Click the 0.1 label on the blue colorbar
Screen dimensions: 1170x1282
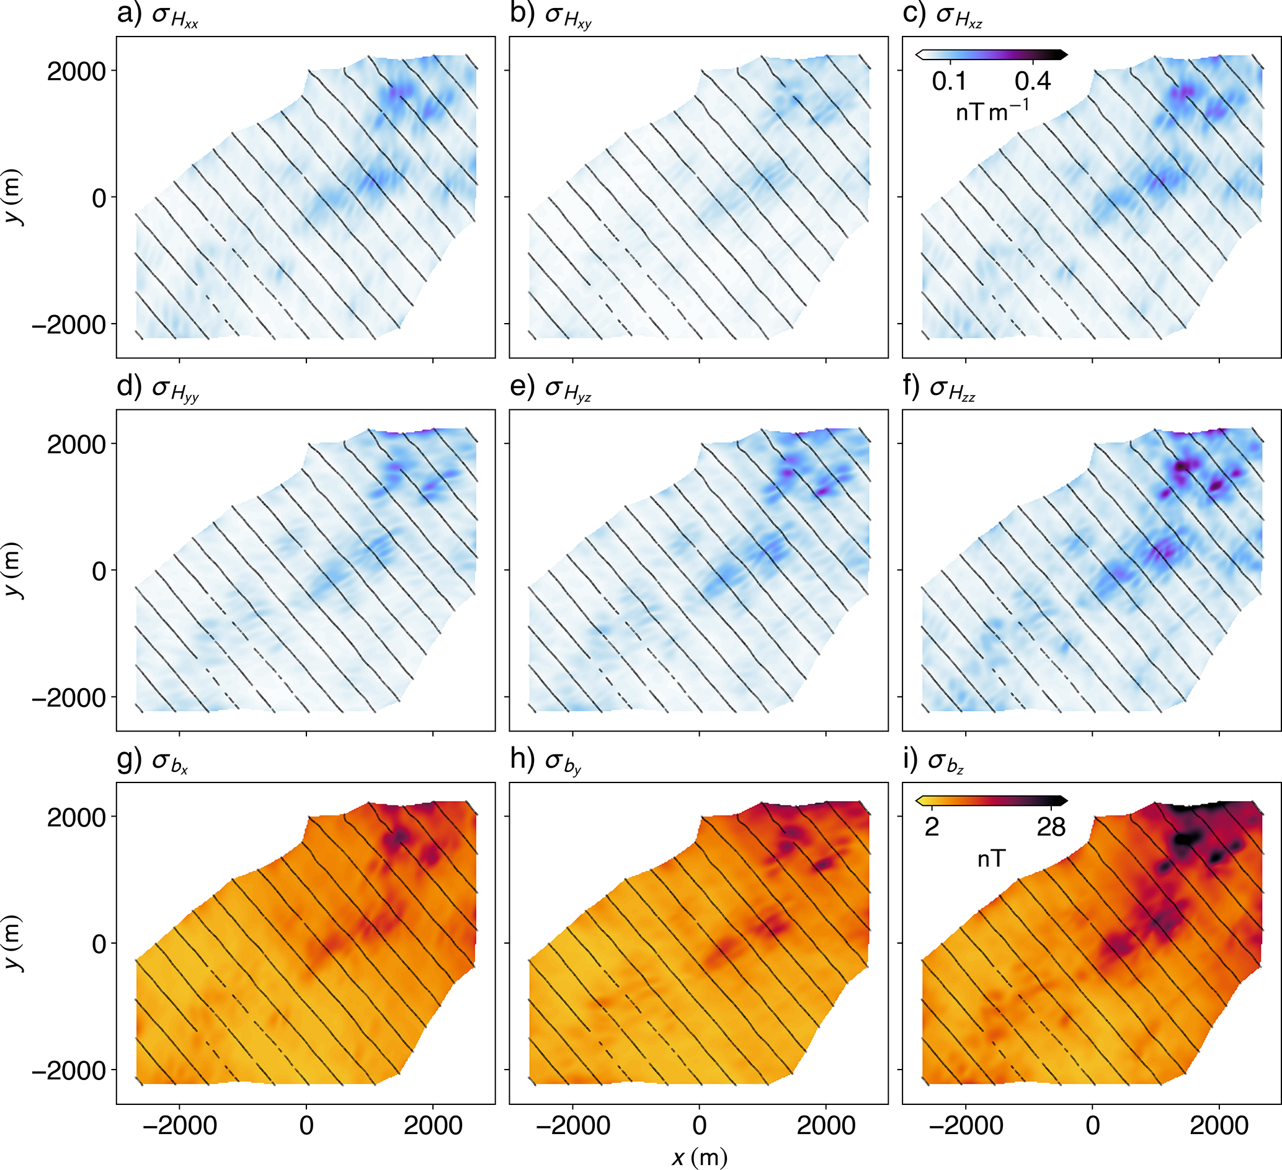click(x=950, y=81)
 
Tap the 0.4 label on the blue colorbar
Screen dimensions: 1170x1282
click(x=1033, y=81)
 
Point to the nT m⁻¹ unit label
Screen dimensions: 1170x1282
click(x=992, y=111)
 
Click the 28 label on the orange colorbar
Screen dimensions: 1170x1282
click(x=1051, y=827)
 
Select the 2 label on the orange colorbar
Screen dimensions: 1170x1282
click(x=932, y=827)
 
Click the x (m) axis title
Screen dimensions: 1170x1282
click(x=699, y=1157)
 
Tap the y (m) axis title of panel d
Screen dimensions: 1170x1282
click(x=14, y=570)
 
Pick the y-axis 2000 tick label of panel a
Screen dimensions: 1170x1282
click(x=76, y=71)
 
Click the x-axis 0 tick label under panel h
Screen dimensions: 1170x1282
click(x=700, y=1125)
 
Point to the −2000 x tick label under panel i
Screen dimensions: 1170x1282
click(x=966, y=1125)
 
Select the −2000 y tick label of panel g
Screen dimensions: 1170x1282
click(x=69, y=1071)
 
